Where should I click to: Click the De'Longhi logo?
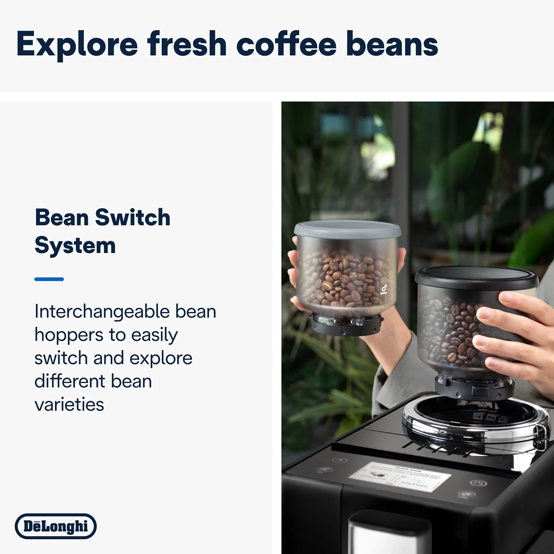[56, 526]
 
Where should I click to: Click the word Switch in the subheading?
[132, 217]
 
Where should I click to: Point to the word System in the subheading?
[75, 245]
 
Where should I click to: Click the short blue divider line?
[49, 279]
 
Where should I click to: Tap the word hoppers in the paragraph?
[68, 335]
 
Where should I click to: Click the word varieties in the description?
[69, 405]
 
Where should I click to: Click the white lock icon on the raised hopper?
[384, 289]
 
